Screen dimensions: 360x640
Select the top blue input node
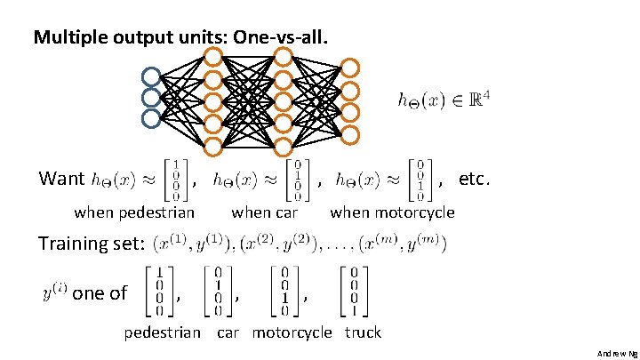click(151, 77)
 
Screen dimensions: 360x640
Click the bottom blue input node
click(151, 116)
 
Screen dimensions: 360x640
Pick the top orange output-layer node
click(351, 68)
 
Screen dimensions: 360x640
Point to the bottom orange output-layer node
click(351, 134)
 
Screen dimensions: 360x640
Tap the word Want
click(62, 179)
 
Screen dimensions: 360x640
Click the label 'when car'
click(264, 212)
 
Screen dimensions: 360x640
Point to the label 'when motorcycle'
click(392, 212)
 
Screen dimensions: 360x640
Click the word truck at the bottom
click(362, 332)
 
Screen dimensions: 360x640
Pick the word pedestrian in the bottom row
click(162, 332)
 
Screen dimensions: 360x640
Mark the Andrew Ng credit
click(616, 353)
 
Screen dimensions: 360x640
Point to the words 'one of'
click(100, 292)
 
